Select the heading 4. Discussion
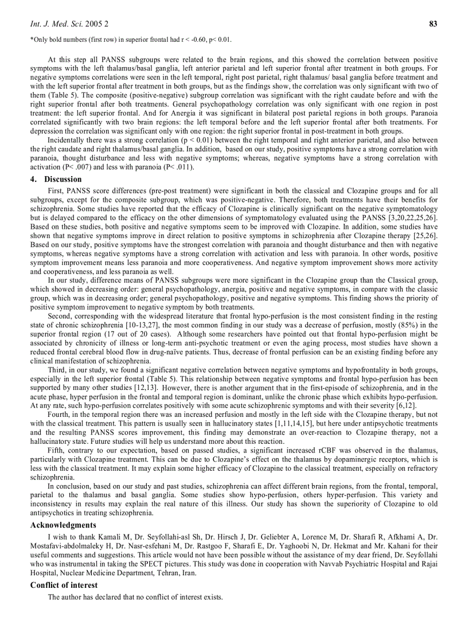[56, 179]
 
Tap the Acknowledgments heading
[63, 525]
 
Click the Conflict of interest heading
[64, 585]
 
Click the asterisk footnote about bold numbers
[131, 40]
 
